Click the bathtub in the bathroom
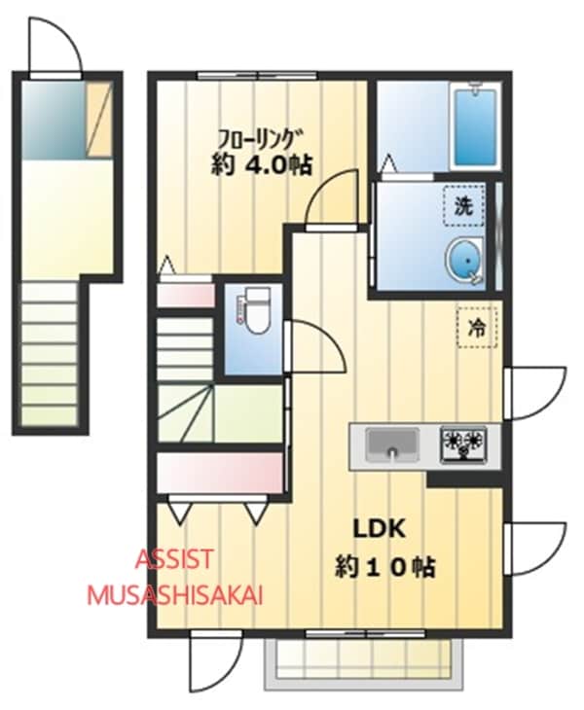(475, 125)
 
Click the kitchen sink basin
(392, 445)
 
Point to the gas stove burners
(463, 444)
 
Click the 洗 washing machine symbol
(463, 204)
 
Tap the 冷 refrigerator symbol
(476, 327)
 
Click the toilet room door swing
(314, 345)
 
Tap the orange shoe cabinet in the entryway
(99, 119)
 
